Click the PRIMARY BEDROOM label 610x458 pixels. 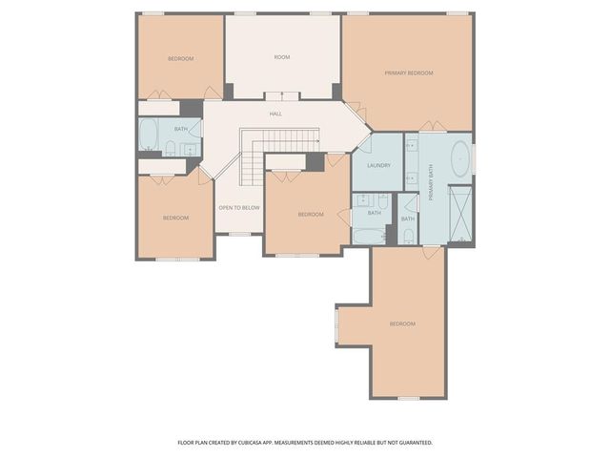coord(409,73)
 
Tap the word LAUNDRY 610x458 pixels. coord(377,165)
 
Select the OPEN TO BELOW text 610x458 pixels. coord(239,207)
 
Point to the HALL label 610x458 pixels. coord(275,114)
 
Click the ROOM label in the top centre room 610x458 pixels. coord(282,57)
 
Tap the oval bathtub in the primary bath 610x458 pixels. coord(459,157)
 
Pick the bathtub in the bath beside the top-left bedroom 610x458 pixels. coord(149,135)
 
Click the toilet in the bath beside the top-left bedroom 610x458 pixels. coord(171,147)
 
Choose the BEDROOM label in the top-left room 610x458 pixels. coord(181,59)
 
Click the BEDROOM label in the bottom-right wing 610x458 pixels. coord(402,324)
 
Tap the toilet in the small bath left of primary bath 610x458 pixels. coord(408,234)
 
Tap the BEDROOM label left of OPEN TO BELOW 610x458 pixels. coord(175,218)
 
